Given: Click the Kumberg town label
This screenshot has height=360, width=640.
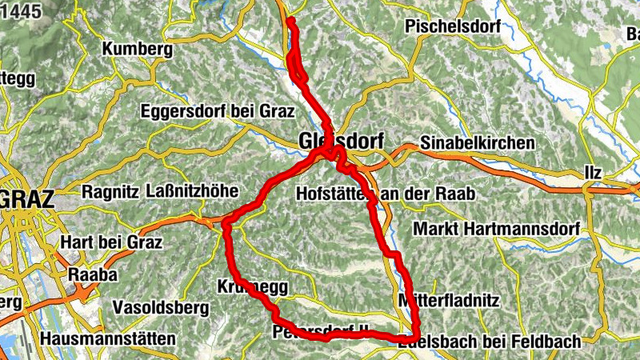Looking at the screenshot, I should tap(138, 50).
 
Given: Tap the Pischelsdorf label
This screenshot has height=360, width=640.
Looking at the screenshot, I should tap(453, 26).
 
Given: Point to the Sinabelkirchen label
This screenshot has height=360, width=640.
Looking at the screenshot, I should tap(477, 142).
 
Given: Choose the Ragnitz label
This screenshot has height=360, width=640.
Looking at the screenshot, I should tap(110, 192).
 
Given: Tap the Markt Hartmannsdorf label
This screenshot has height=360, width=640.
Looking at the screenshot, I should tap(494, 229).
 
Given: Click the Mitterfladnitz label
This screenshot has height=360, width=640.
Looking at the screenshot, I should tap(448, 301).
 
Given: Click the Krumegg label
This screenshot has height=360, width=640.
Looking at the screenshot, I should tap(251, 286).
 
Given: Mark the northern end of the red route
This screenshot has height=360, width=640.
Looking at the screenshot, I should tap(290, 21).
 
